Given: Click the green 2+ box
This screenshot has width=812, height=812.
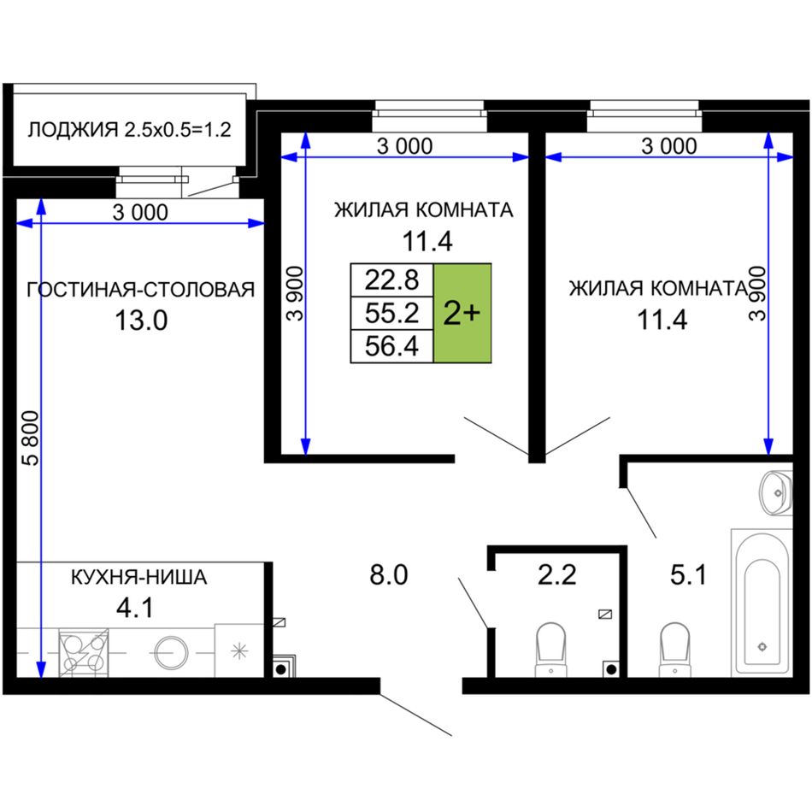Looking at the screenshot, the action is tap(462, 313).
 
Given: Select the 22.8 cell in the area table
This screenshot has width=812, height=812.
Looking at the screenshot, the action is tap(392, 279).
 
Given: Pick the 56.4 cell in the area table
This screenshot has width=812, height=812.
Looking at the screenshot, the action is tap(392, 346).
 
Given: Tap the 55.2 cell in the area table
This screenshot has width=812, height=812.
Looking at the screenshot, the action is tap(392, 313).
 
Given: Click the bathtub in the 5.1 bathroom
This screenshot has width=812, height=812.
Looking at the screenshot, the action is tap(762, 603).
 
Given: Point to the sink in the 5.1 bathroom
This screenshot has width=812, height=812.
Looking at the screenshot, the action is tap(776, 492).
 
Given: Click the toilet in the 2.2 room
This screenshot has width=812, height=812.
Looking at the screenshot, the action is tap(550, 650).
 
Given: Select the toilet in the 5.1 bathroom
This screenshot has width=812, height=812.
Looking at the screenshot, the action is tap(674, 650).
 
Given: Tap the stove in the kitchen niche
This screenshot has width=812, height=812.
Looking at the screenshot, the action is tap(84, 652).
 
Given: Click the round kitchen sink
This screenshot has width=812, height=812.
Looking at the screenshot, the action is tap(171, 652).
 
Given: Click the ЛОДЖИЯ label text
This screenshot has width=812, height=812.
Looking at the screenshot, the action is tap(73, 129).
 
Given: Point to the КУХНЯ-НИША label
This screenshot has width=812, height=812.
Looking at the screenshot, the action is tap(138, 577).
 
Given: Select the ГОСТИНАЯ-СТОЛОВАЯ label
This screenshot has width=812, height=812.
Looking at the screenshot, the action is tap(140, 290).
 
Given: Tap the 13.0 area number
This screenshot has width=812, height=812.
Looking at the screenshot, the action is tap(141, 321).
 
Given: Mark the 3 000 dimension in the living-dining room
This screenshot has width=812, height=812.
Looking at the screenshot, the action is tap(140, 212).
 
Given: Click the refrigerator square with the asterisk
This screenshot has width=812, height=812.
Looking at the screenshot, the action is tap(239, 650).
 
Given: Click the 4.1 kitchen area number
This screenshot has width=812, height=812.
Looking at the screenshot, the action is tap(135, 608).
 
